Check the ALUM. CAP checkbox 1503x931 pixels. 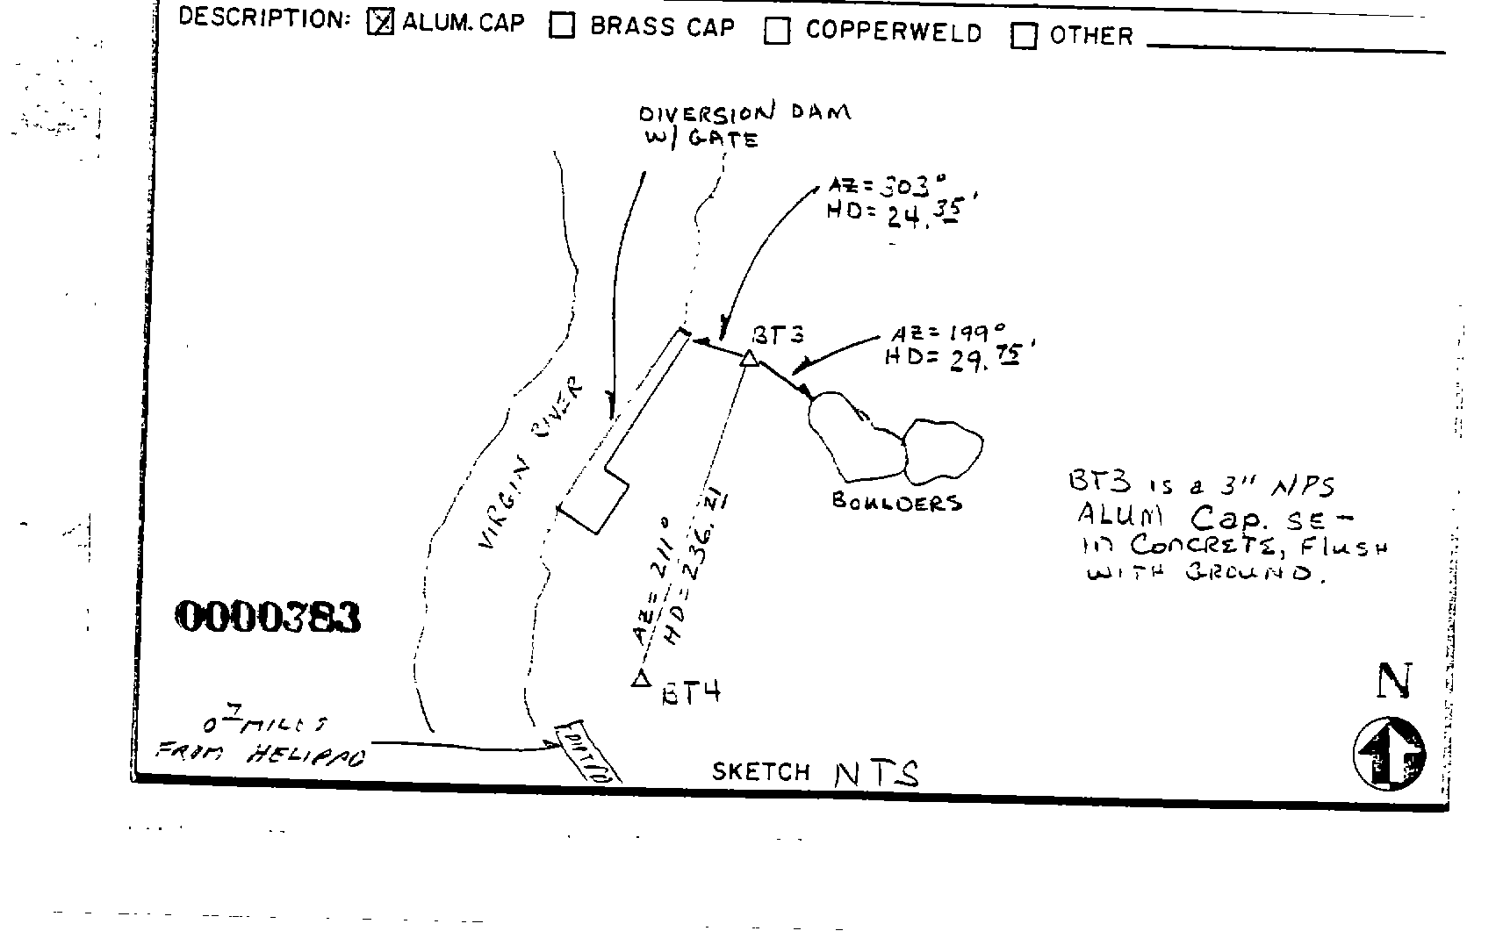point(380,24)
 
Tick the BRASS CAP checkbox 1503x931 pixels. point(562,26)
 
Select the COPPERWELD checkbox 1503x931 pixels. point(776,32)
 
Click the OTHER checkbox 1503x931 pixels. point(1024,36)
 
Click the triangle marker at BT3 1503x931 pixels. point(749,358)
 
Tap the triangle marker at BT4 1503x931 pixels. point(640,679)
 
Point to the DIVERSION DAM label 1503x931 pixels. point(744,113)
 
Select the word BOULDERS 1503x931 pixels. point(895,503)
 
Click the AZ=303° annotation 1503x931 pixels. point(887,185)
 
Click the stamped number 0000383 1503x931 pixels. point(269,618)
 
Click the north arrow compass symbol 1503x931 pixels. point(1389,753)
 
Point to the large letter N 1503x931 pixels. point(1392,681)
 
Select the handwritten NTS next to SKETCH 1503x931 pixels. point(875,773)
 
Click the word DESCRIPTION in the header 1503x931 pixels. point(264,19)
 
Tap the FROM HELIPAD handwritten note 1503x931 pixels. point(260,753)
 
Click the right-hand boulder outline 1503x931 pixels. point(944,451)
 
